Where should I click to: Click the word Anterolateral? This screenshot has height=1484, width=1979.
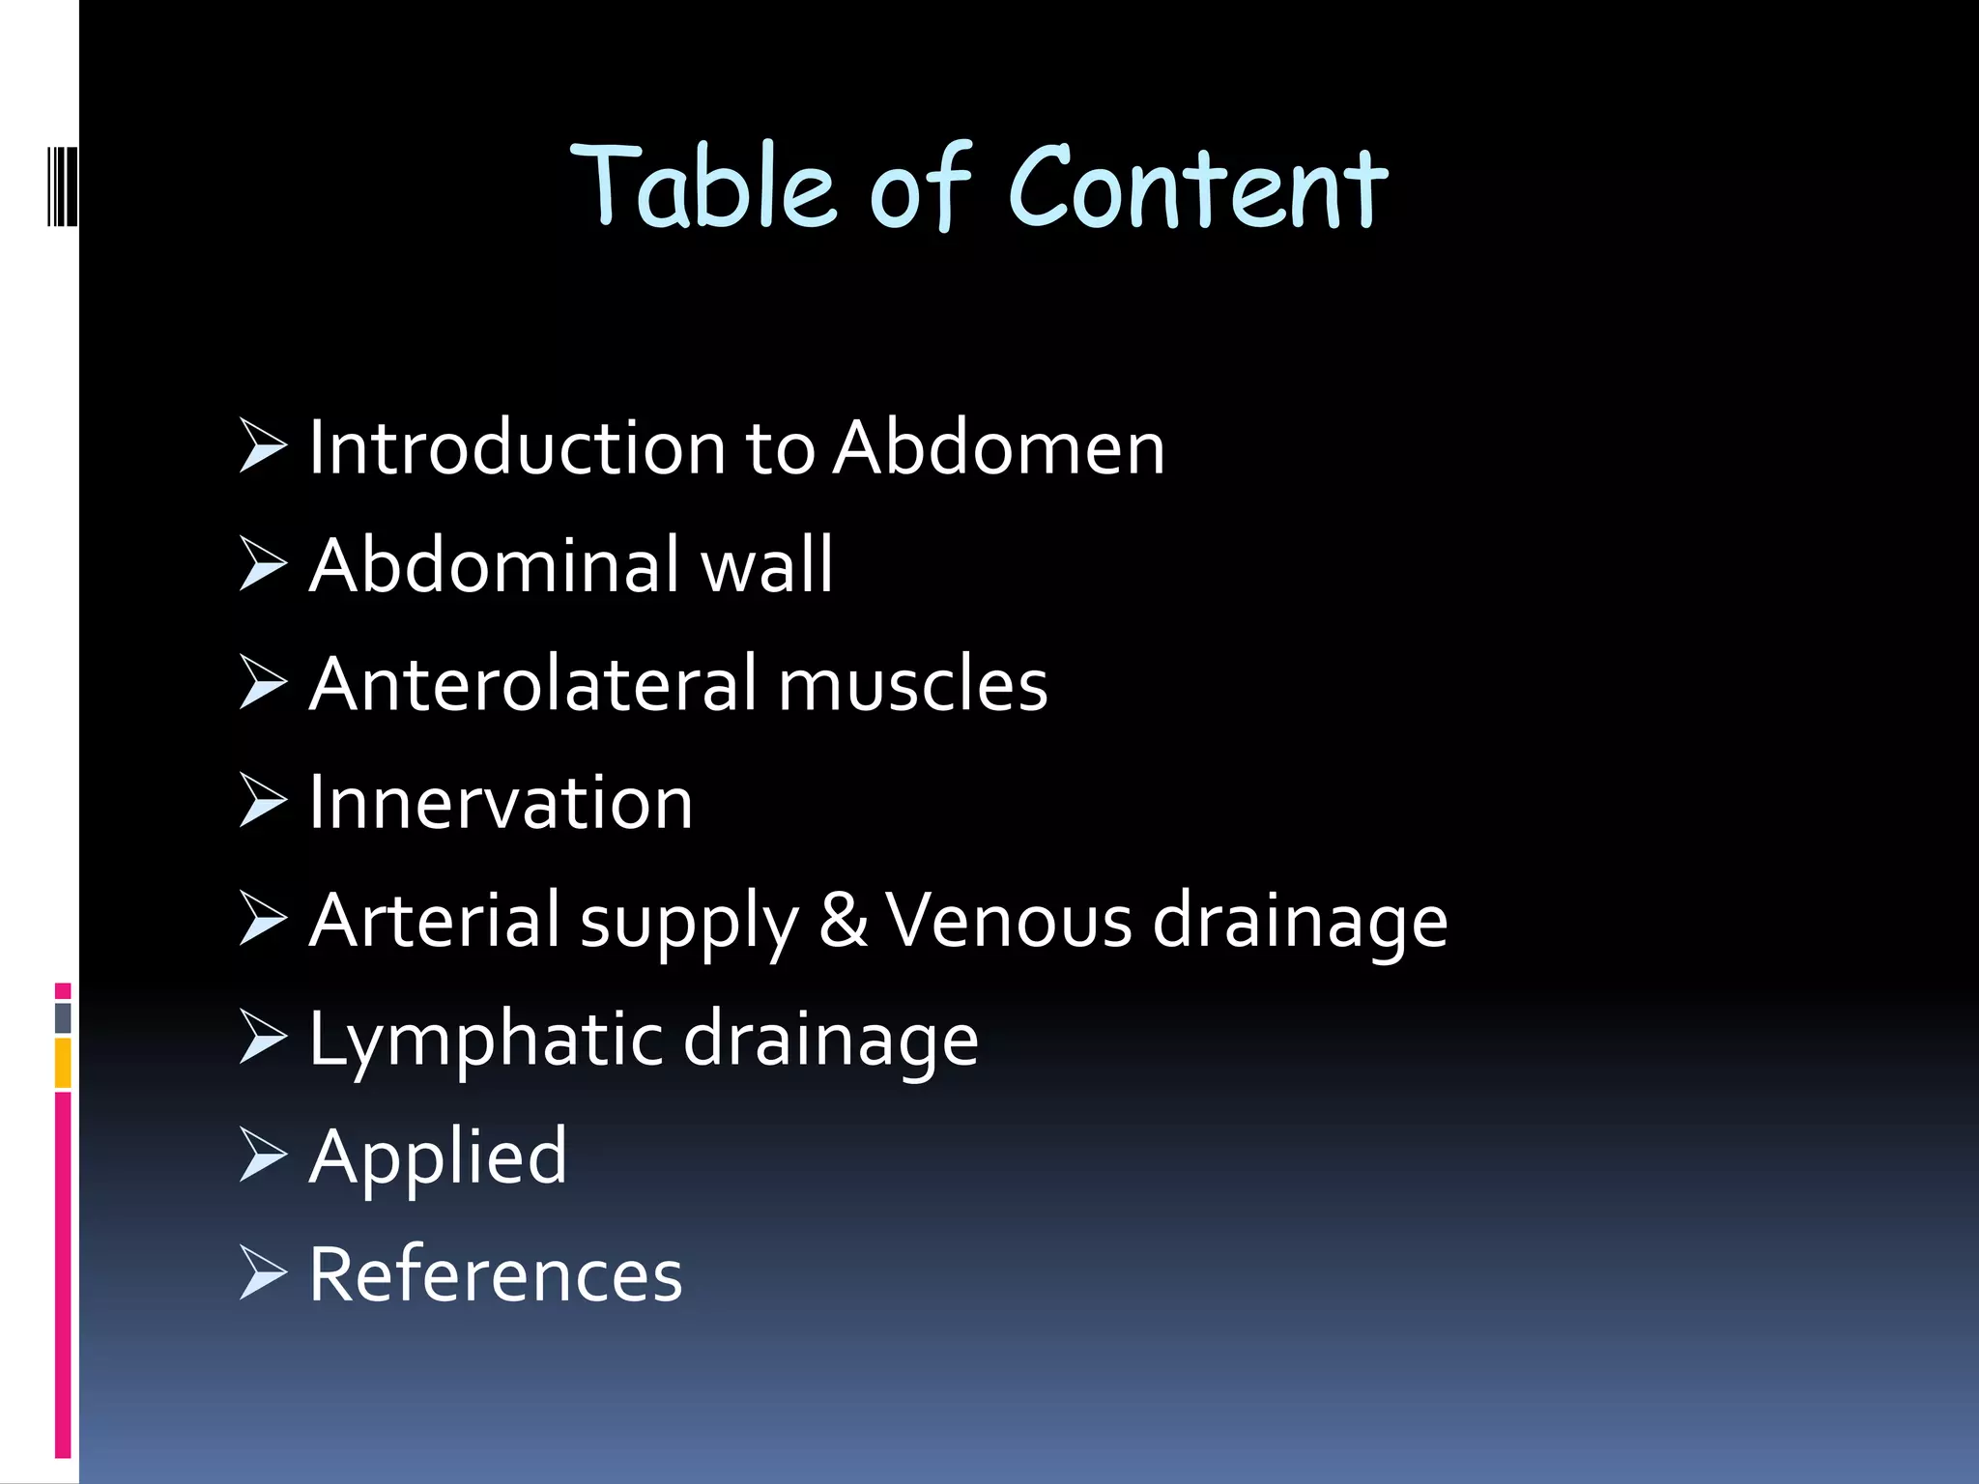coord(533,684)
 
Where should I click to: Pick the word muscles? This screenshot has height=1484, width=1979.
coord(912,684)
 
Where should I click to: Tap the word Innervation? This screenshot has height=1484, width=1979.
coord(501,803)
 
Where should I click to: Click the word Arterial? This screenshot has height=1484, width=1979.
coord(435,921)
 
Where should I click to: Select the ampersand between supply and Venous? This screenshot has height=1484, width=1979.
coord(843,921)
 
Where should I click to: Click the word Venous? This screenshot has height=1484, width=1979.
coord(1008,921)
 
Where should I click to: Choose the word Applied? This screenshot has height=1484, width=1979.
coord(438,1157)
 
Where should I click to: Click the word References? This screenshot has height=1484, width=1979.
coord(495,1275)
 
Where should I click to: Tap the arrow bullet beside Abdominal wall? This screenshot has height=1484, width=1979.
coord(263,564)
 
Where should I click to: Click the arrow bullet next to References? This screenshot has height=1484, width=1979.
coord(263,1272)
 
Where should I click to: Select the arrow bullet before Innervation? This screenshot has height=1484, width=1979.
coord(263,801)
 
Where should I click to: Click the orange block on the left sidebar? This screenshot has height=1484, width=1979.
coord(63,1063)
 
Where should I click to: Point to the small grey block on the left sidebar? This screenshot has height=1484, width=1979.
coord(63,1017)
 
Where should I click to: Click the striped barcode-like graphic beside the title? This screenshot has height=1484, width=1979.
coord(63,185)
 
